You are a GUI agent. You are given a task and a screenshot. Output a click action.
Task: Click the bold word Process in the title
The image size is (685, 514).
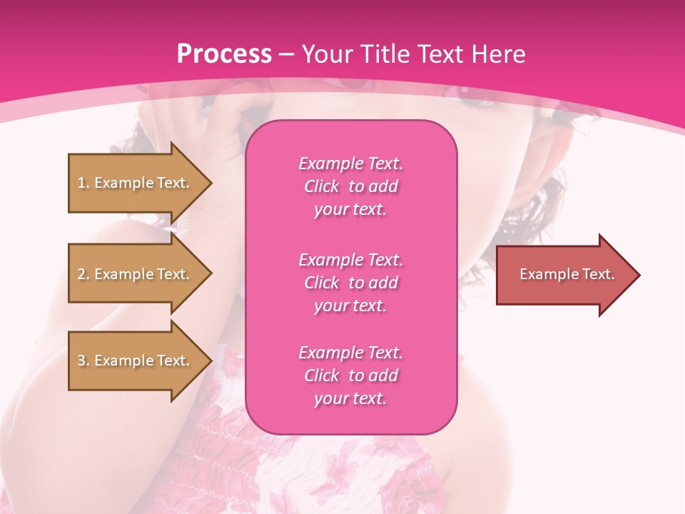coord(224,54)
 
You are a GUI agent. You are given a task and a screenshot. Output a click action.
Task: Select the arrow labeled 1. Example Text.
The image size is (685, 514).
coord(136,183)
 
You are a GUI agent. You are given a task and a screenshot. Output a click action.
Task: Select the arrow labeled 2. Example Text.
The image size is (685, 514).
coord(136,274)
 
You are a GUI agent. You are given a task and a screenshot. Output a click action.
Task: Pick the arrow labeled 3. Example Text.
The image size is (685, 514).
coord(136,361)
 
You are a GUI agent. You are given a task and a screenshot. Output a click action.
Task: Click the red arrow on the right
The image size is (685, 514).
coord(564,275)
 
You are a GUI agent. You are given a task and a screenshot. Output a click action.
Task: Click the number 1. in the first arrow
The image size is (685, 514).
coord(83,183)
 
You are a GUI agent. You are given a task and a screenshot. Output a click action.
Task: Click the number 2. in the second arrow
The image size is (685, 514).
coord(83,274)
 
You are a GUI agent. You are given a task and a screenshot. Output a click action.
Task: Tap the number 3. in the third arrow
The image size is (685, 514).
coord(83,361)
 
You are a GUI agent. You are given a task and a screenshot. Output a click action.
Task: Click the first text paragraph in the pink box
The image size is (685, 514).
coord(350,186)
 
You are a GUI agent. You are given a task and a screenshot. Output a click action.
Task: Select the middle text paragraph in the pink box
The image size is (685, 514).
coord(350,283)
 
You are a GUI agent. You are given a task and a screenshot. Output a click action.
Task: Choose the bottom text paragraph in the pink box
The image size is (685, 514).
coord(350,376)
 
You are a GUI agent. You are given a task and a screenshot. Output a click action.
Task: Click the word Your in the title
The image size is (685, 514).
coord(325,54)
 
